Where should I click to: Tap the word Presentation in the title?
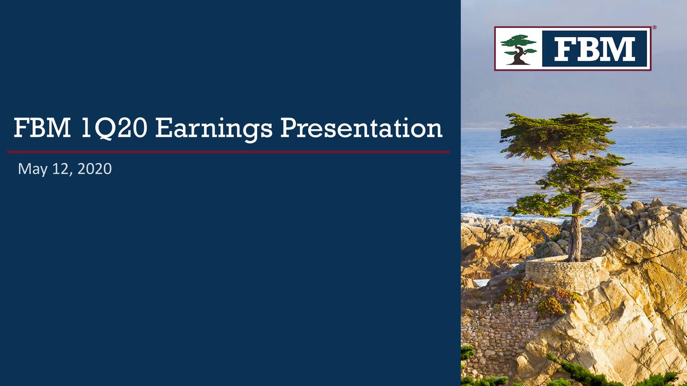[361, 128]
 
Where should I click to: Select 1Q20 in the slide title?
[114, 129]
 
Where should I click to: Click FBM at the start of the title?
[42, 128]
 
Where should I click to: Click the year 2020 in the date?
[94, 169]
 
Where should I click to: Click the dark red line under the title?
[228, 152]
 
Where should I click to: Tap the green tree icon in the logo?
[518, 49]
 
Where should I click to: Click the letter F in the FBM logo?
[565, 49]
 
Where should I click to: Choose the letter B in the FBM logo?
[588, 49]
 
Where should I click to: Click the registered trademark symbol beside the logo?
[654, 27]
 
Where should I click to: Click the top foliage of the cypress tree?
[558, 135]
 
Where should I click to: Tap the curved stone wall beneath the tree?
[564, 273]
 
